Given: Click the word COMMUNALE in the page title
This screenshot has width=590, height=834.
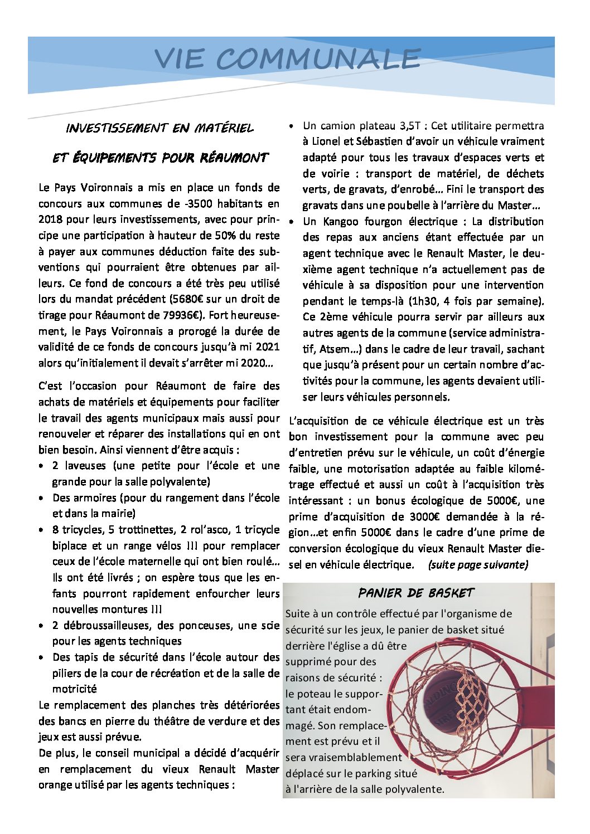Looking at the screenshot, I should coord(318,59).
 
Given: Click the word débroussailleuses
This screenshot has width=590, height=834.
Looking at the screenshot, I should coord(110,626).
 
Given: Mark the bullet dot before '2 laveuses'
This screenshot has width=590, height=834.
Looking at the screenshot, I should coord(42,466).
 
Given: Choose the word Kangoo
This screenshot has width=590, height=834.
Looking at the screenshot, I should coord(341,222).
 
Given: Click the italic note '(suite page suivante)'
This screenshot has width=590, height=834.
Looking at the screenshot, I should coord(478,565).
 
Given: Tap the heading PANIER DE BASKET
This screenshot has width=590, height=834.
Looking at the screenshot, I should coord(416,593).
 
